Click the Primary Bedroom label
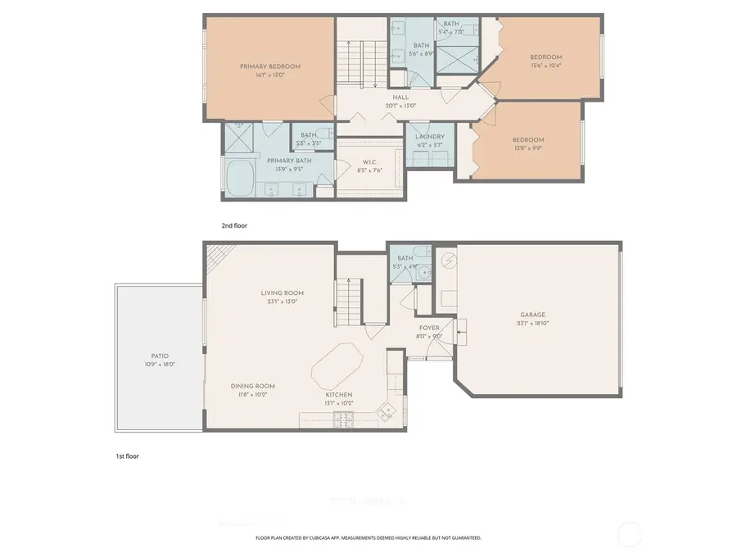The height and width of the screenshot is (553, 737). click(x=270, y=66)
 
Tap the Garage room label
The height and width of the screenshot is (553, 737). click(x=532, y=315)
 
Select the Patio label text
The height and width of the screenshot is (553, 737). click(x=159, y=356)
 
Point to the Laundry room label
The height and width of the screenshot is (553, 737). click(x=430, y=137)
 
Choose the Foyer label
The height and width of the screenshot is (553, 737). click(x=430, y=328)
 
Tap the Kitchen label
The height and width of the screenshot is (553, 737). click(x=339, y=394)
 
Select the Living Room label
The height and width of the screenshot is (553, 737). click(x=283, y=292)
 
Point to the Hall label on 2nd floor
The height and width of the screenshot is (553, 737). click(x=401, y=97)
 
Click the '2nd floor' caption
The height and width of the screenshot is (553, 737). click(x=233, y=224)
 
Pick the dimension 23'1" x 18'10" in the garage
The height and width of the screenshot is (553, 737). click(x=532, y=324)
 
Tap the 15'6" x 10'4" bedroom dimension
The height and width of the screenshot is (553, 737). click(x=546, y=66)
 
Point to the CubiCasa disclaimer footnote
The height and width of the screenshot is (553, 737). click(x=368, y=538)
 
